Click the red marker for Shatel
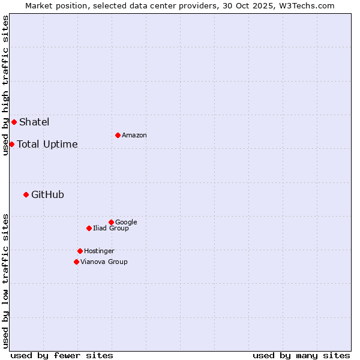click(14, 122)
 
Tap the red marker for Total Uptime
click(11, 144)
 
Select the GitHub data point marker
click(26, 194)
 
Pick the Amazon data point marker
click(118, 135)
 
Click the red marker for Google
click(111, 222)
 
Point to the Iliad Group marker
click(89, 228)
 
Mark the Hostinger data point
click(80, 251)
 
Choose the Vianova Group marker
click(76, 262)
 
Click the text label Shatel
click(34, 122)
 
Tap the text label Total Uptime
click(47, 144)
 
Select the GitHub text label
click(47, 194)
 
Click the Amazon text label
click(134, 136)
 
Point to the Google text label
click(126, 223)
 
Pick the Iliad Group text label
click(111, 229)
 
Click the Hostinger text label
click(99, 251)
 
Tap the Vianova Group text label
click(104, 262)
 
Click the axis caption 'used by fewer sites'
click(62, 355)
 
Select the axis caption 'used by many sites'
click(301, 355)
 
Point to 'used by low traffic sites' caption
click(5, 281)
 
